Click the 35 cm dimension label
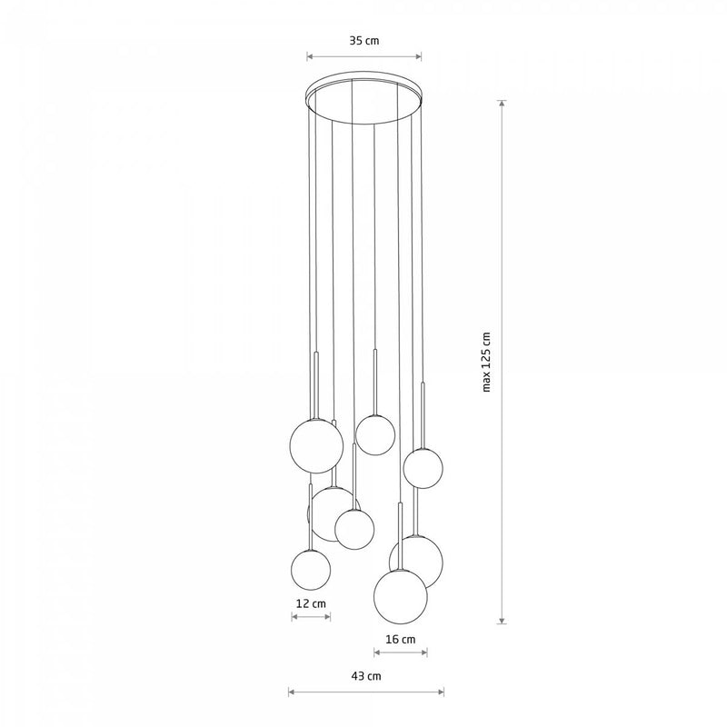coord(364,41)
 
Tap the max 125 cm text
coord(486,362)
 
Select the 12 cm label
coord(311,603)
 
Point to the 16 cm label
coord(401,640)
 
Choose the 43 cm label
coord(366,676)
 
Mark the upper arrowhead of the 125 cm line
coord(502,104)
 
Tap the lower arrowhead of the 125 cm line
coord(502,620)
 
